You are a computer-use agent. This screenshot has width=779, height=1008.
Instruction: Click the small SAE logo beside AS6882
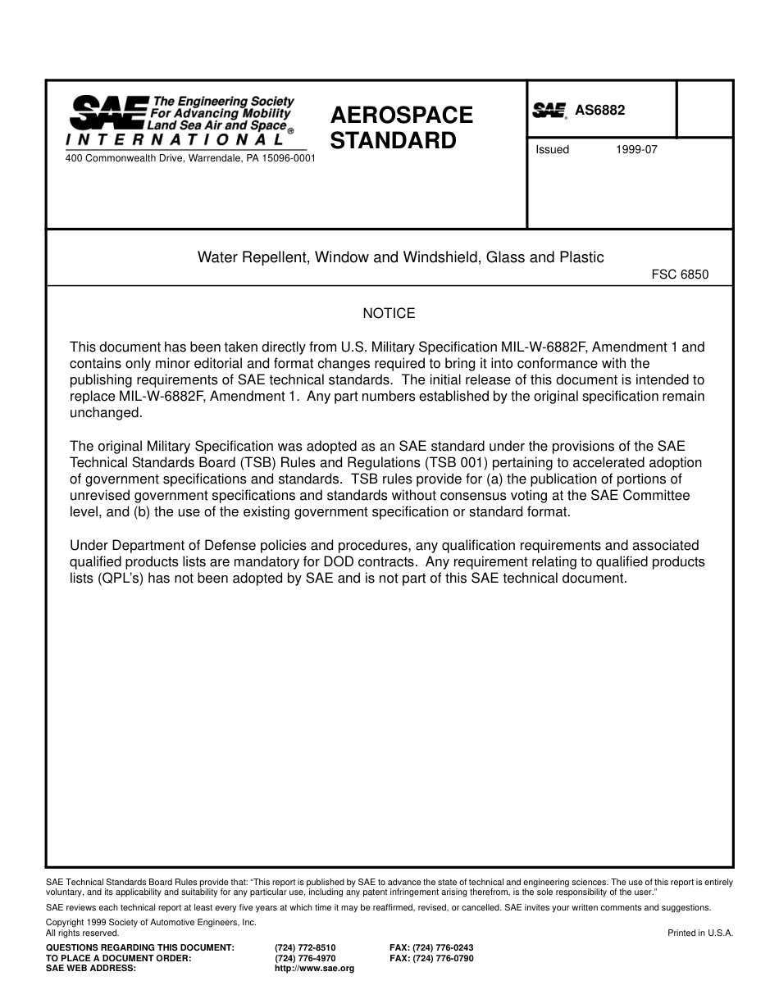pyautogui.click(x=550, y=111)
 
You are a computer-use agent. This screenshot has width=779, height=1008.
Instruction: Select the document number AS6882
pyautogui.click(x=600, y=111)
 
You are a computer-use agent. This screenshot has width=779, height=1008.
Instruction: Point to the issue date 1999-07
pyautogui.click(x=636, y=150)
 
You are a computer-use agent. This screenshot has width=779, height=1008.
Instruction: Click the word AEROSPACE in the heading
pyautogui.click(x=402, y=115)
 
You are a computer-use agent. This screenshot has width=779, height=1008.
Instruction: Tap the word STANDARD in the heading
pyautogui.click(x=393, y=140)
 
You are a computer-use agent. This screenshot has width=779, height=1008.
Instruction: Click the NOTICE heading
pyautogui.click(x=389, y=314)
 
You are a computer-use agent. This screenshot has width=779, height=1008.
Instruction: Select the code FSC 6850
pyautogui.click(x=680, y=275)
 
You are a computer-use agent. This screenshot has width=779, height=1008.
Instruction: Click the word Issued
pyautogui.click(x=552, y=150)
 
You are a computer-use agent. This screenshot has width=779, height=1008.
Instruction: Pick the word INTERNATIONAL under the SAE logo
pyautogui.click(x=175, y=140)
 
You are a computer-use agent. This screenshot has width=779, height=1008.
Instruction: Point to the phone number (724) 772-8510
pyautogui.click(x=305, y=947)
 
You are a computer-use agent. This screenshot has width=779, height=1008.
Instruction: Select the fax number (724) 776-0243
pyautogui.click(x=431, y=947)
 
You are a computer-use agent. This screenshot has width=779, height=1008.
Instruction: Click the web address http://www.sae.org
pyautogui.click(x=314, y=969)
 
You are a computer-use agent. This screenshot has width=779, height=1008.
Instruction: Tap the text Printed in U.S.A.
pyautogui.click(x=700, y=933)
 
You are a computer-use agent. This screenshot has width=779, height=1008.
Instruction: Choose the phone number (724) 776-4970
pyautogui.click(x=305, y=958)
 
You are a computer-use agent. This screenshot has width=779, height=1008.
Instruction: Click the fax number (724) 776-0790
pyautogui.click(x=431, y=958)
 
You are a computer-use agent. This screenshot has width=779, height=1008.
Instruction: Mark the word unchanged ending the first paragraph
pyautogui.click(x=106, y=413)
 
